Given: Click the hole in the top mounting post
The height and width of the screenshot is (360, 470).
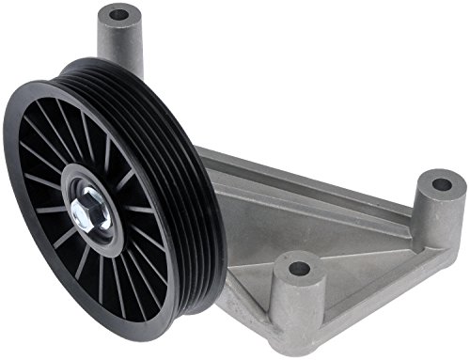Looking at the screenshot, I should (118, 15).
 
